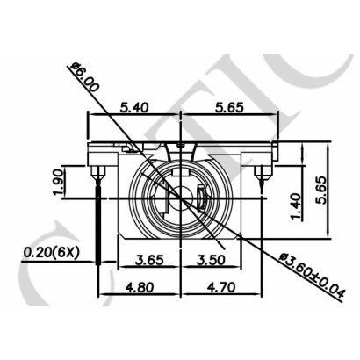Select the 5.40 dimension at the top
131,107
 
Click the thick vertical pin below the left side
99,224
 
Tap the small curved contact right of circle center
202,199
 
